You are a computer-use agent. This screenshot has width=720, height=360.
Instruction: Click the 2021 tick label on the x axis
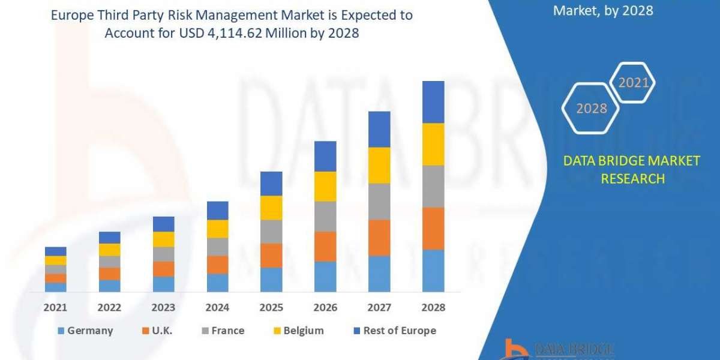(x=56, y=307)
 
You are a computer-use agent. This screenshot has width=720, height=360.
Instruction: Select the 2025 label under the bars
(x=271, y=307)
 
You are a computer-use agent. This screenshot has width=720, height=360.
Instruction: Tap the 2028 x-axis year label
(x=433, y=307)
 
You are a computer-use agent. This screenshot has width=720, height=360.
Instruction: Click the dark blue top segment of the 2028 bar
(x=433, y=102)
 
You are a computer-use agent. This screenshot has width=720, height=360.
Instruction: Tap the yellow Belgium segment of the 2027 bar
(x=379, y=165)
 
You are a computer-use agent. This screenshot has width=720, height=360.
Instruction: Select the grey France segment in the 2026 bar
(x=325, y=217)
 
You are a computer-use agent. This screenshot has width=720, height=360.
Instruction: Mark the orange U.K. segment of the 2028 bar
(x=433, y=229)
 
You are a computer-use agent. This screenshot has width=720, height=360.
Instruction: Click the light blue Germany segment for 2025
(x=271, y=280)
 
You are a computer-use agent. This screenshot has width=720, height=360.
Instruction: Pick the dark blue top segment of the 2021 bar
(x=56, y=251)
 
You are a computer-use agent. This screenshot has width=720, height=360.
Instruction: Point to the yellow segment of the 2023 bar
(x=164, y=239)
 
